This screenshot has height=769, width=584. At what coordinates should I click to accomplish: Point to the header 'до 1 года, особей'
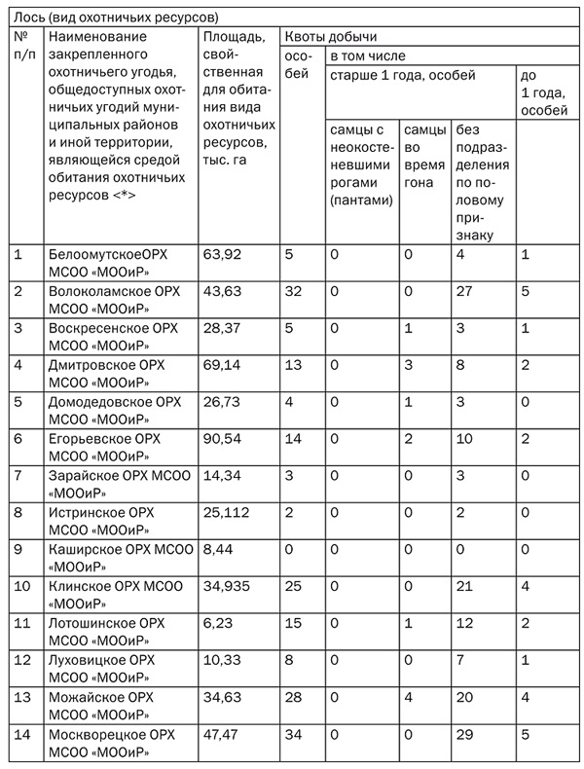tap(545, 92)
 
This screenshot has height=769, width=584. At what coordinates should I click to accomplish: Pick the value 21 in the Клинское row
tap(465, 586)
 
